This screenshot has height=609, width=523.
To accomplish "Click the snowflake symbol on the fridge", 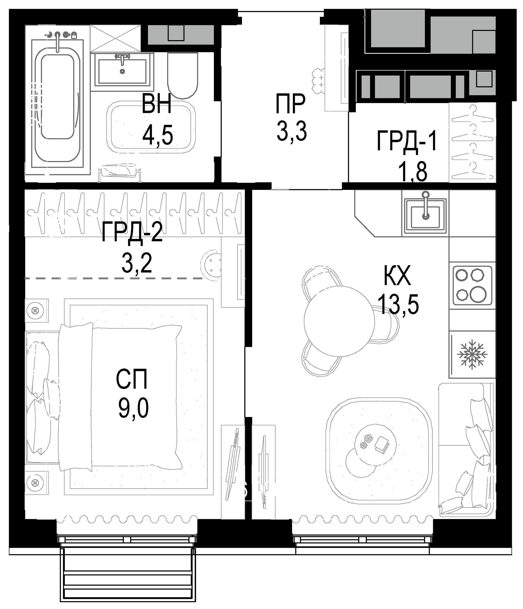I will [x=472, y=355].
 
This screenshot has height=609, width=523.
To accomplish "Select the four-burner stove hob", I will [x=472, y=285].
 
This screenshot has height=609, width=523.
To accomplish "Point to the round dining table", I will [x=339, y=321].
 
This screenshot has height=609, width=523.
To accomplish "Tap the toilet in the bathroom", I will [x=182, y=76].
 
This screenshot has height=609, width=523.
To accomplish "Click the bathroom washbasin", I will [x=122, y=71].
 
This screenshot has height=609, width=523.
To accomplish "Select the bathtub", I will [x=57, y=103].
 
